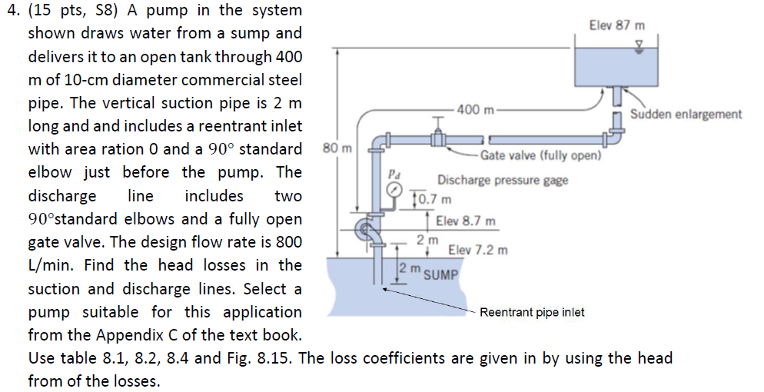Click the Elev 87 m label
[617, 25]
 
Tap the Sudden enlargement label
[686, 115]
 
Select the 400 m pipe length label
[476, 109]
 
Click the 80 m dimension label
[343, 147]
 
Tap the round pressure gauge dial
[394, 190]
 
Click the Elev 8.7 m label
[465, 221]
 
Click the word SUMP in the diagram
[440, 274]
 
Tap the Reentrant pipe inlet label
[532, 312]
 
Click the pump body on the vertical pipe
[367, 230]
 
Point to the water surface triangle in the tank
[635, 46]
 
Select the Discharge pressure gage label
[503, 181]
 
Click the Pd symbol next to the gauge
[394, 173]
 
